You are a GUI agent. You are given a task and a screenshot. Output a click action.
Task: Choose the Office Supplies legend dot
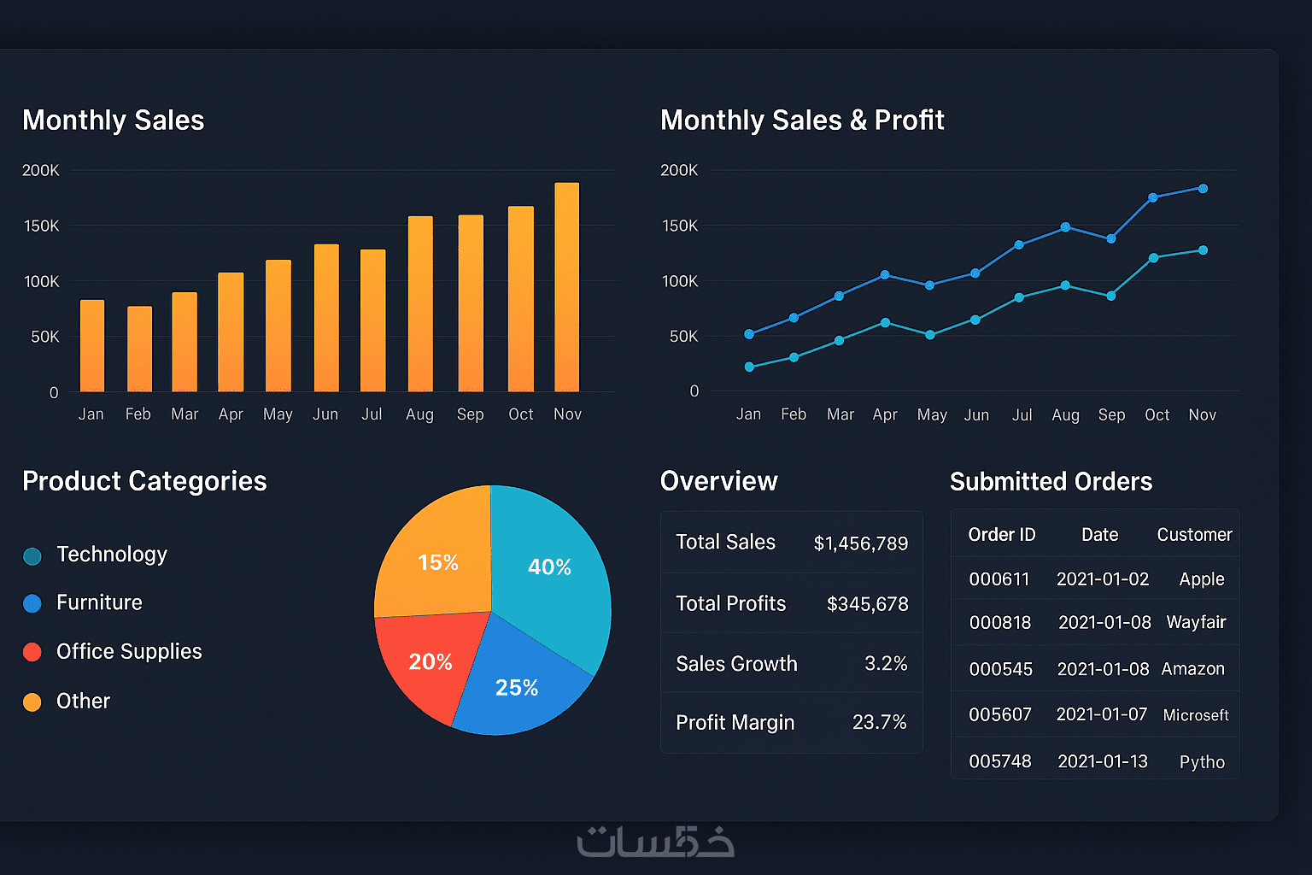32,652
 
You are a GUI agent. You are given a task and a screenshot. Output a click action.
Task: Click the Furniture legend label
99,602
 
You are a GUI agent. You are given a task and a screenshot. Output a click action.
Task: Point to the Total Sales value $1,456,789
860,543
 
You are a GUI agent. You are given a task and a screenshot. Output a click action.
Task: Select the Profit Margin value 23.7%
879,722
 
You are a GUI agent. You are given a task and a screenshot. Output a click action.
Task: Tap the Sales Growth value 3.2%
885,663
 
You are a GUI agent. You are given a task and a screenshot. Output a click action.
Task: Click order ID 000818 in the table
999,623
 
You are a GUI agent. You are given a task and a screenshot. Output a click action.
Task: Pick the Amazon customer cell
1192,669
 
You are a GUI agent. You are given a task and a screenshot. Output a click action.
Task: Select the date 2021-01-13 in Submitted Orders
1102,761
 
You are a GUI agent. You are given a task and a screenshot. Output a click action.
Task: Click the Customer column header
1193,535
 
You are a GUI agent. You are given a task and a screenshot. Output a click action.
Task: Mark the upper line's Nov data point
1203,188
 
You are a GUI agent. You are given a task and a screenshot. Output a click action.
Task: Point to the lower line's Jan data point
749,367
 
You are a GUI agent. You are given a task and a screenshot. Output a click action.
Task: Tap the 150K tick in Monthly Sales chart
42,226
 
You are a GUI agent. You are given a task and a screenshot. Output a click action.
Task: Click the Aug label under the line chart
1065,415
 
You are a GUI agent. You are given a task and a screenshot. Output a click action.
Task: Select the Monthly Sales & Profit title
802,120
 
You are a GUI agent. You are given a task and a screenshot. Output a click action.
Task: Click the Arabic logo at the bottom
656,841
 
